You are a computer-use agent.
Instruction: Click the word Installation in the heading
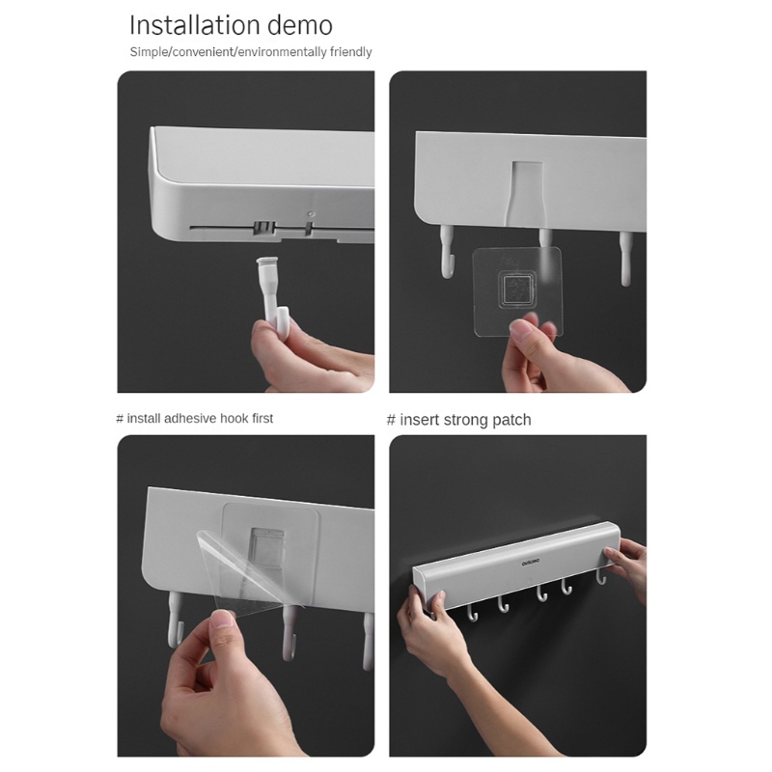[x=195, y=25]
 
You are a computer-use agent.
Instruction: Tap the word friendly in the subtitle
[x=350, y=52]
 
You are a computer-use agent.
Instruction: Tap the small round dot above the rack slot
[x=310, y=214]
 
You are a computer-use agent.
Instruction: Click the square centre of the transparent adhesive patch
[x=516, y=290]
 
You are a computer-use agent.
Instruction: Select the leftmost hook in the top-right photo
[x=446, y=251]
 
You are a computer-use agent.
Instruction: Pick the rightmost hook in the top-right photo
[x=624, y=258]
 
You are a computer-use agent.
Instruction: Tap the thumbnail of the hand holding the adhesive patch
[x=519, y=329]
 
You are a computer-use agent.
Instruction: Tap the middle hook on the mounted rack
[x=541, y=593]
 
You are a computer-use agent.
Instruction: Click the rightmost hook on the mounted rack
[x=600, y=575]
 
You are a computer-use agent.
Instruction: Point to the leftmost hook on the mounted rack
[x=472, y=613]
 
